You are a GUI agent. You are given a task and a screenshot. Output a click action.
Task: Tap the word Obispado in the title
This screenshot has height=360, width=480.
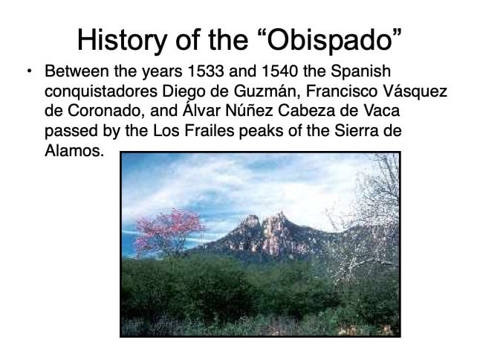329,39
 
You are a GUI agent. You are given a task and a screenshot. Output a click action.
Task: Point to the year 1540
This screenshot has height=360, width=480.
280,71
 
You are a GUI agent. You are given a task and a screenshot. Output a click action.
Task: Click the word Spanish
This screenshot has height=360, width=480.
360,72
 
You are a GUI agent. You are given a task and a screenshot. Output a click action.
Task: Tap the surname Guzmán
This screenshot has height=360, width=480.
267,91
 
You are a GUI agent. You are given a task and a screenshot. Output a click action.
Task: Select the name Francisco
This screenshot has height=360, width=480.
342,91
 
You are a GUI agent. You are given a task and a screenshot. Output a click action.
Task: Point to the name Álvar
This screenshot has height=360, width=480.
201,110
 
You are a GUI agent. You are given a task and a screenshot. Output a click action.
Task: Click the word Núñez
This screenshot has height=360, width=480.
249,110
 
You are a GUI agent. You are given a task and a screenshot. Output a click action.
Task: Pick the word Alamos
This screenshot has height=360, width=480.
74,151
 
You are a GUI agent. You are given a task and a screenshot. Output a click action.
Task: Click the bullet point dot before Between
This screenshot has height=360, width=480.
30,71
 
